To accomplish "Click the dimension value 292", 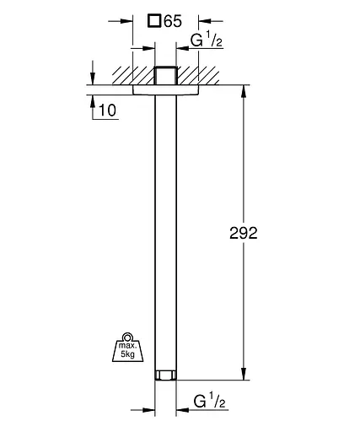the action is pos(244,233).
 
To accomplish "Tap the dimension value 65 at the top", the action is pos(173,21).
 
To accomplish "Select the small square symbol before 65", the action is pos(154,21).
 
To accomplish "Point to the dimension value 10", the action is pos(108,111).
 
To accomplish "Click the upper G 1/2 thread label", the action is pos(207,40).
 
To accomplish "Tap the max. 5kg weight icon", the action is pos(127,347).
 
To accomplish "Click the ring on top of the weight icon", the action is pos(127,337).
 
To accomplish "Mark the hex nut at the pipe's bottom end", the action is pos(166,375).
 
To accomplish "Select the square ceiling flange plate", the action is pos(166,89).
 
